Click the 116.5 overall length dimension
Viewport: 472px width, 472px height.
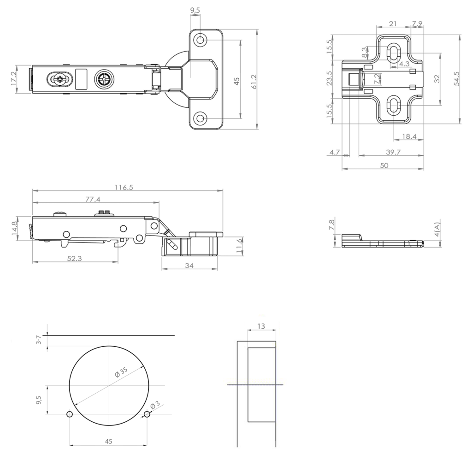coord(124,187)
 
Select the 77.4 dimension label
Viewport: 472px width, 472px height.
coord(93,199)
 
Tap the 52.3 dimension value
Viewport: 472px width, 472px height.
coord(74,259)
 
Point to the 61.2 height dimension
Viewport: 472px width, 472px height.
coord(254,82)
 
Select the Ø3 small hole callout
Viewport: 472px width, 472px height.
coord(155,405)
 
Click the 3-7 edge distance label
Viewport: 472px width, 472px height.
coord(38,340)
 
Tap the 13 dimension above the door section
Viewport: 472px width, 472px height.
coord(261,326)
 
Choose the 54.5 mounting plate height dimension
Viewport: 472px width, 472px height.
coord(457,79)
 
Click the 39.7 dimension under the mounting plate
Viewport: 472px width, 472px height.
coord(393,152)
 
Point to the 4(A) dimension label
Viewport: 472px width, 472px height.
coord(437,230)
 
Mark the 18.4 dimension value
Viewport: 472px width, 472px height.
coord(409,136)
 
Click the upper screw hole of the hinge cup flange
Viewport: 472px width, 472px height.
coord(200,40)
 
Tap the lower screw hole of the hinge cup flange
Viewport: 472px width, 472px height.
coord(200,118)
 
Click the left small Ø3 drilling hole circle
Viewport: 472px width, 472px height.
coord(70,414)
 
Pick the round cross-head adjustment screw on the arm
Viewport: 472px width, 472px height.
coord(104,79)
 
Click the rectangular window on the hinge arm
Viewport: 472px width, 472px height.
coord(81,79)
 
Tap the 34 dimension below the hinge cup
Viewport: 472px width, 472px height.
coord(189,265)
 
